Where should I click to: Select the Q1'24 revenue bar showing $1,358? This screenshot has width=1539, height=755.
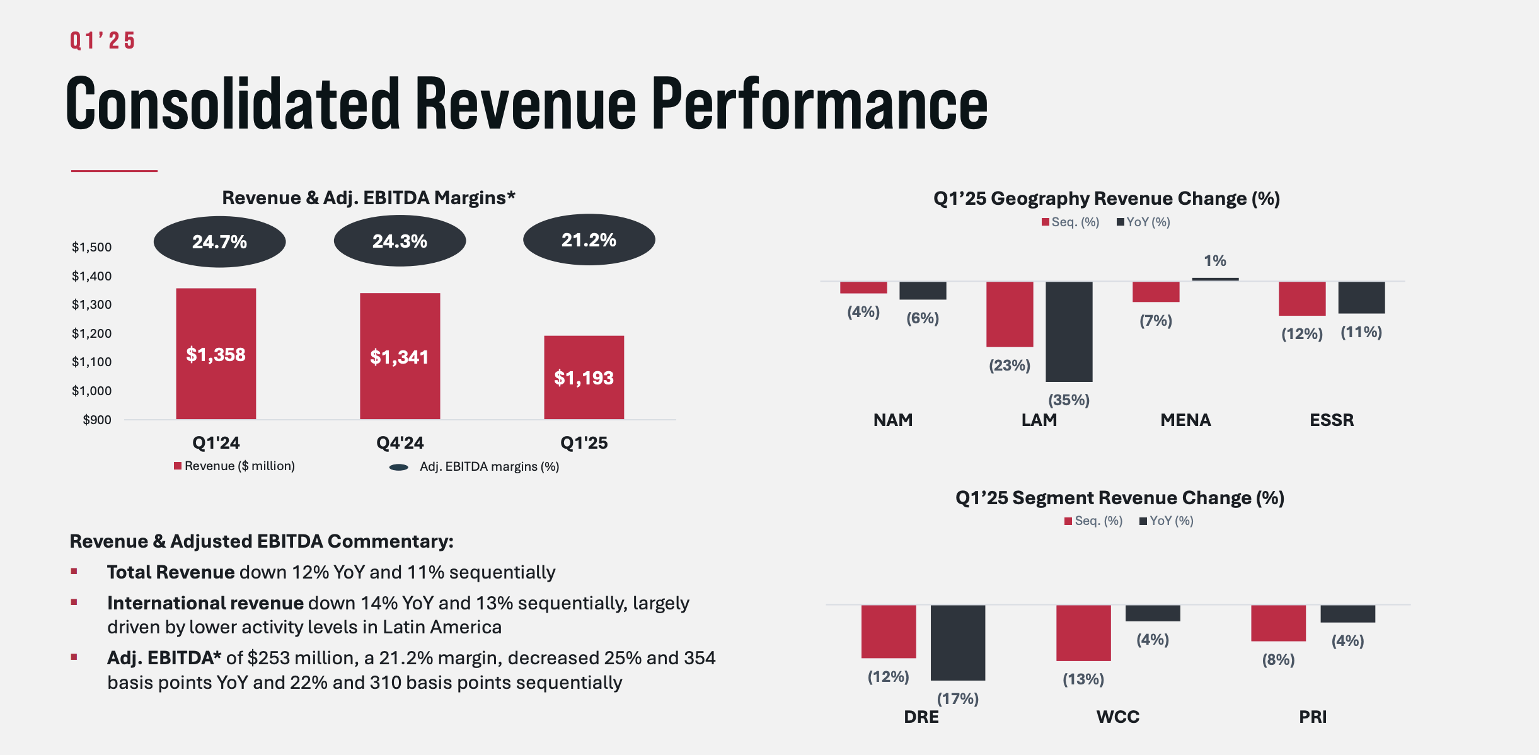click(x=216, y=354)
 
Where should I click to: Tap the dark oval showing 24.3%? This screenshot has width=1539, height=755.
click(x=400, y=241)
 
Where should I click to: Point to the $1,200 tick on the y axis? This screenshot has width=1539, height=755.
click(x=92, y=333)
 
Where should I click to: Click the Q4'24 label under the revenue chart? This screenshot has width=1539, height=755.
click(x=400, y=442)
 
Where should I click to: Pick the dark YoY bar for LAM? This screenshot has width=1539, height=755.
click(x=1069, y=331)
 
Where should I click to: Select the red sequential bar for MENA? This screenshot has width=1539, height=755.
click(x=1155, y=292)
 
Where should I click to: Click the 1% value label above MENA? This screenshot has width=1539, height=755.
click(x=1214, y=260)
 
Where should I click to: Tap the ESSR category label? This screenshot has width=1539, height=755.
click(x=1331, y=420)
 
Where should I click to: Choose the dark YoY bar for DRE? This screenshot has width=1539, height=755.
click(x=957, y=642)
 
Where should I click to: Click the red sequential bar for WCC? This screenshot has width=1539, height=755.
click(x=1083, y=633)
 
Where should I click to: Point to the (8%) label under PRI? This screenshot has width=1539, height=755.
click(x=1278, y=659)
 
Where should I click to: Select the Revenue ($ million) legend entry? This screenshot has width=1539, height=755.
click(x=234, y=466)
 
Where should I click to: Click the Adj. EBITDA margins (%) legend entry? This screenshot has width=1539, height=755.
click(x=475, y=466)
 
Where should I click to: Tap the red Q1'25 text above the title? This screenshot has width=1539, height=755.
click(x=102, y=41)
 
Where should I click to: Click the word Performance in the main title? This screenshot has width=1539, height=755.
click(x=819, y=104)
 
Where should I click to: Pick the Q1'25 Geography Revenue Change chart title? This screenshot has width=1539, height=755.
click(x=1106, y=199)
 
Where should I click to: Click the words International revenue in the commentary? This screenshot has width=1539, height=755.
click(x=205, y=603)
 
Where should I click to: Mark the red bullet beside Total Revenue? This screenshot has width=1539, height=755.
click(x=74, y=572)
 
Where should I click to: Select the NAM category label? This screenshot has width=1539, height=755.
click(x=892, y=420)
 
